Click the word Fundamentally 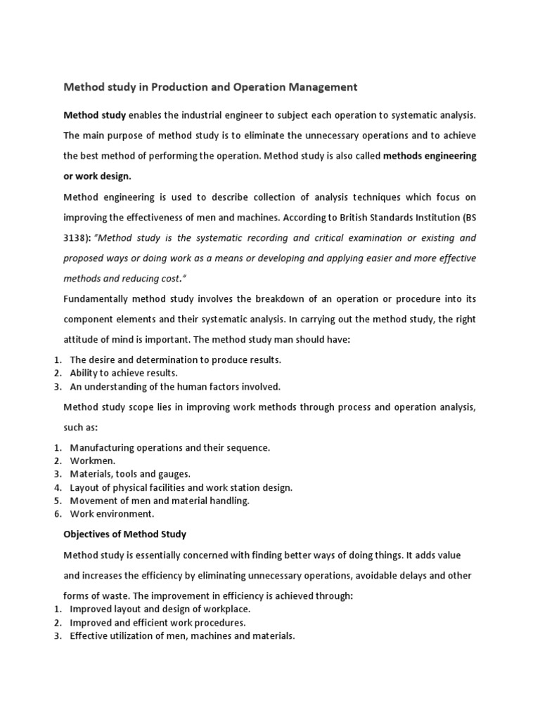pos(96,298)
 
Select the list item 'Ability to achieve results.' pos(124,373)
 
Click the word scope pos(143,407)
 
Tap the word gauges pos(174,474)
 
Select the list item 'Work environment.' pos(112,514)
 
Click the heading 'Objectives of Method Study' pos(125,534)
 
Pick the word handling pos(230,501)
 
